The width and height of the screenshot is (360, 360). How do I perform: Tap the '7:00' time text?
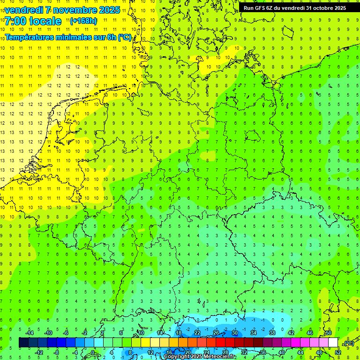point(16,21)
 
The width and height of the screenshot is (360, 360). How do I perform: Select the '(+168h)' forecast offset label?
point(83,21)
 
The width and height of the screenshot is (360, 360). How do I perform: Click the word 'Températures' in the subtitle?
point(29,37)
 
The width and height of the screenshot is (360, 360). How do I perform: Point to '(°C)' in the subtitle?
point(125,37)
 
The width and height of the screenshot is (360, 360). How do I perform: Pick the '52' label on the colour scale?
point(338,352)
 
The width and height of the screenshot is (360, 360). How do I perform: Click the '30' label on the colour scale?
point(235,333)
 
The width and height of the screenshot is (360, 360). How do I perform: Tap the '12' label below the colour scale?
point(150,352)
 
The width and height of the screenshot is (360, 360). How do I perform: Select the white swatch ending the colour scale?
point(333,342)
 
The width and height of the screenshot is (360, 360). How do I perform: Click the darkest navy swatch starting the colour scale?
point(23,342)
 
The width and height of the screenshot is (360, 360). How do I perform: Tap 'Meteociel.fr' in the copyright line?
point(219,357)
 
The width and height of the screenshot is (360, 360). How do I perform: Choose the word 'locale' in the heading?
point(45,21)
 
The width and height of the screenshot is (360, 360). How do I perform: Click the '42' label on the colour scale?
point(291,333)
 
